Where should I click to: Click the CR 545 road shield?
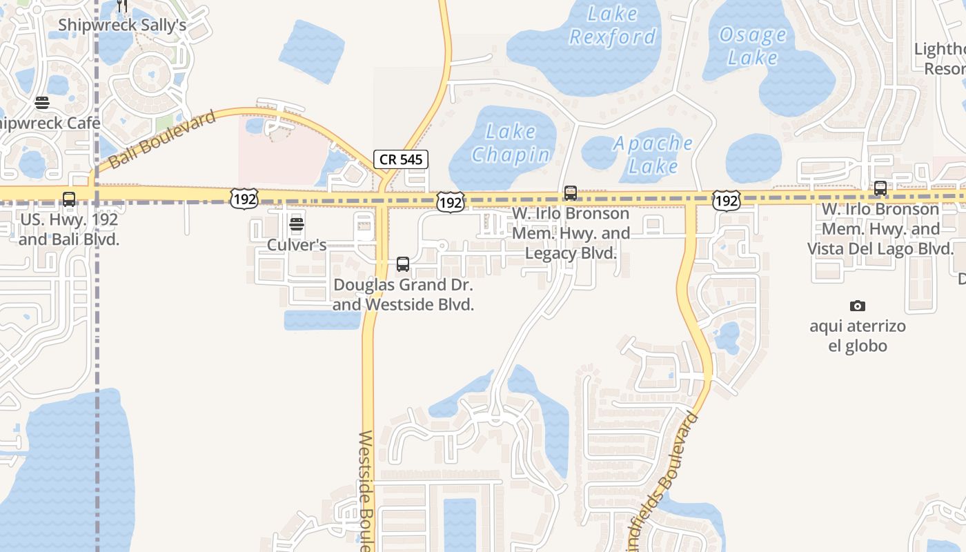tap(401, 159)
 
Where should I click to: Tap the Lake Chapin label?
tap(511, 143)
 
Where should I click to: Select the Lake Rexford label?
tap(613, 25)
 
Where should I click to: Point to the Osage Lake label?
tap(752, 46)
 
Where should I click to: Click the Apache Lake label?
tap(653, 155)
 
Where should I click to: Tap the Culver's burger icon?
tap(297, 224)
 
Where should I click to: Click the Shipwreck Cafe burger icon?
tap(42, 103)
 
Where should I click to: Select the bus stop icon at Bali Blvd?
tap(69, 199)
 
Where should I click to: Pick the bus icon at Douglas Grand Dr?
tap(403, 264)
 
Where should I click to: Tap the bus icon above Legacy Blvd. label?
tap(571, 193)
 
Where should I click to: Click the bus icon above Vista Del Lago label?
tap(880, 188)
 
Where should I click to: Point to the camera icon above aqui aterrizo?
tap(858, 306)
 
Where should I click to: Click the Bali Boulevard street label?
tap(163, 141)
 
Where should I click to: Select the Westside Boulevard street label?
tap(366, 490)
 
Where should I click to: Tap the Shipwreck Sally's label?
tap(122, 25)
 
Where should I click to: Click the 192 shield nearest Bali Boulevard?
tap(244, 199)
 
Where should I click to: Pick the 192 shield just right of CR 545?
tap(450, 202)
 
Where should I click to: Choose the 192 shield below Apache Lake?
tap(727, 200)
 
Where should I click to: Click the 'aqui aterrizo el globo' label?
tap(858, 335)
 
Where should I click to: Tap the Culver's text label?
tap(297, 245)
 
